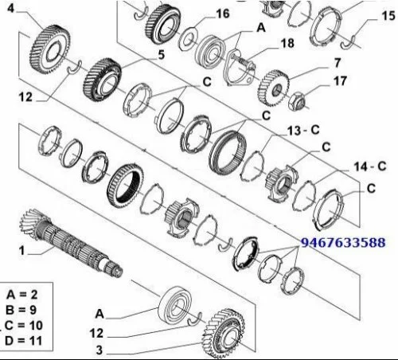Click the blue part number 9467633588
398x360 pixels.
[x=343, y=243]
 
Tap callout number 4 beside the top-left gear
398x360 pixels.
[x=10, y=9]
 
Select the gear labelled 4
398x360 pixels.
[x=50, y=49]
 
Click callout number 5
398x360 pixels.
[x=162, y=55]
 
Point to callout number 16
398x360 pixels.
[x=223, y=14]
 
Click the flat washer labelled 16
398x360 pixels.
[x=189, y=39]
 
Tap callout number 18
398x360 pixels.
[x=287, y=43]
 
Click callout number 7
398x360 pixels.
[x=338, y=63]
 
